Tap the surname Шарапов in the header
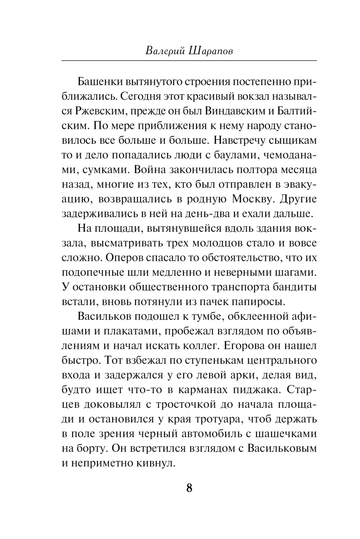pyautogui.click(x=211, y=50)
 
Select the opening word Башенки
pyautogui.click(x=100, y=81)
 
